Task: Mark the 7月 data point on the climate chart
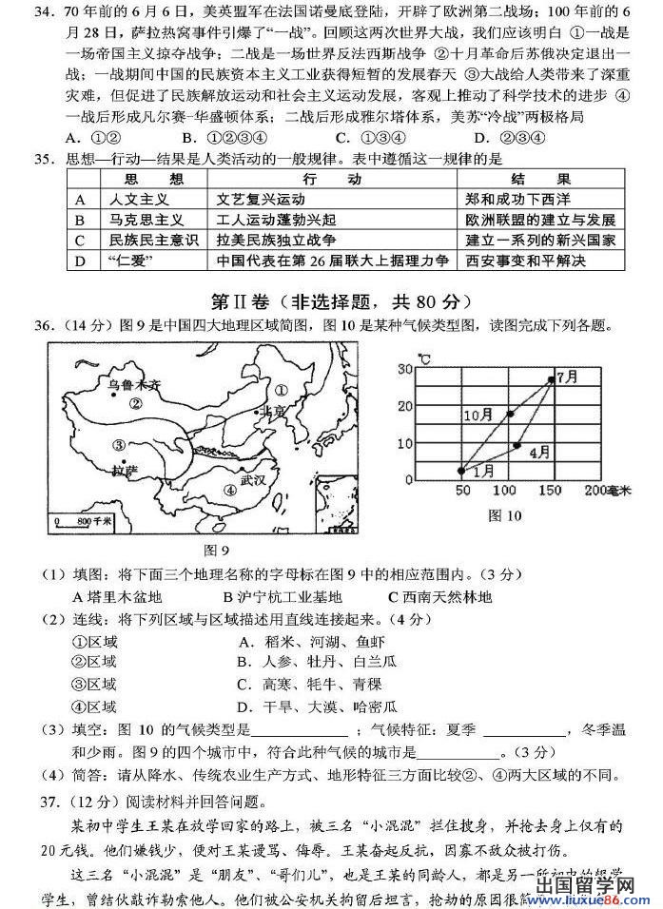[x=550, y=379]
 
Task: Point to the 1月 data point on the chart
[x=461, y=470]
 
